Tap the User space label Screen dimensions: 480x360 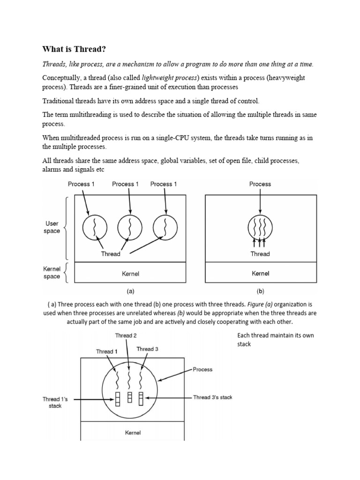tap(52, 228)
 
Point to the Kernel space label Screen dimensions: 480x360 tap(52, 273)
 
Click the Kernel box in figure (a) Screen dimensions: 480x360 tap(130, 273)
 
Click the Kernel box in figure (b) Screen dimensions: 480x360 tap(260, 273)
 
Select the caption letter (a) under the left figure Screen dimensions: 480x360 tap(130, 291)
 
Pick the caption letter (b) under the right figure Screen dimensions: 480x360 tap(260, 291)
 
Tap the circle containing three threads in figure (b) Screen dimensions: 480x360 tap(260, 228)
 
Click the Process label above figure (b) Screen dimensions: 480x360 tap(260, 184)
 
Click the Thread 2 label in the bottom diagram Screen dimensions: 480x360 tap(126, 336)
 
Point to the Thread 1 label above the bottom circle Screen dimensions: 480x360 tap(107, 352)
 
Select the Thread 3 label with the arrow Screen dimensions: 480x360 tap(147, 349)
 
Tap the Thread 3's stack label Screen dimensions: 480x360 tap(212, 397)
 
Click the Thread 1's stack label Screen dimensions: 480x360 tap(55, 402)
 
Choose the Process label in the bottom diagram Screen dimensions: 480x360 tap(202, 369)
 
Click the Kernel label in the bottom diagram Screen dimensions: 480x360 tap(133, 432)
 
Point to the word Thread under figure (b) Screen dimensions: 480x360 tap(260, 254)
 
